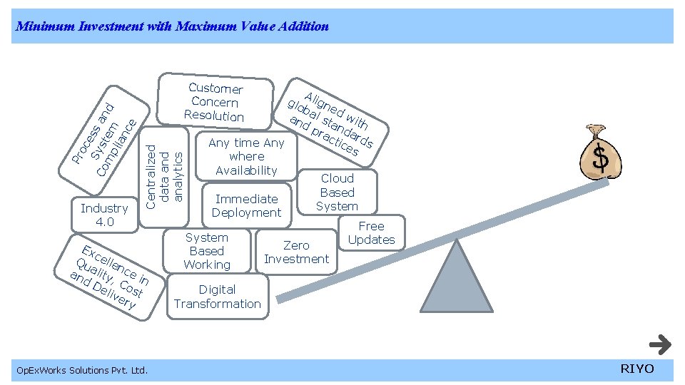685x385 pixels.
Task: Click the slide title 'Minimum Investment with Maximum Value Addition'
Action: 172,26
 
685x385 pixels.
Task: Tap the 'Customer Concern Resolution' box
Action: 215,102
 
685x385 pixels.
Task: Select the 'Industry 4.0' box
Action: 104,215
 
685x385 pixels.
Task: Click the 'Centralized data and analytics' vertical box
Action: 165,176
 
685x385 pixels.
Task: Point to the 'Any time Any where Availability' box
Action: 246,156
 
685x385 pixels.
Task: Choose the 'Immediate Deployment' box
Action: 247,205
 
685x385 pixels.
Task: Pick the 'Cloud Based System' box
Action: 337,192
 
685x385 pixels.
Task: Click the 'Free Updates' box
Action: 371,232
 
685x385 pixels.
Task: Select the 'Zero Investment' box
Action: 296,252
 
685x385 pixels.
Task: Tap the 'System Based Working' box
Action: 207,251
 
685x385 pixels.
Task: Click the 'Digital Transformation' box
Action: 218,297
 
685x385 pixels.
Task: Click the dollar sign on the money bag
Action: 602,158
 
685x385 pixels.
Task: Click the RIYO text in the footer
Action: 636,369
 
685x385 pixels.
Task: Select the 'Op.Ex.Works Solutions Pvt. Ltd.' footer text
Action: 82,370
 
